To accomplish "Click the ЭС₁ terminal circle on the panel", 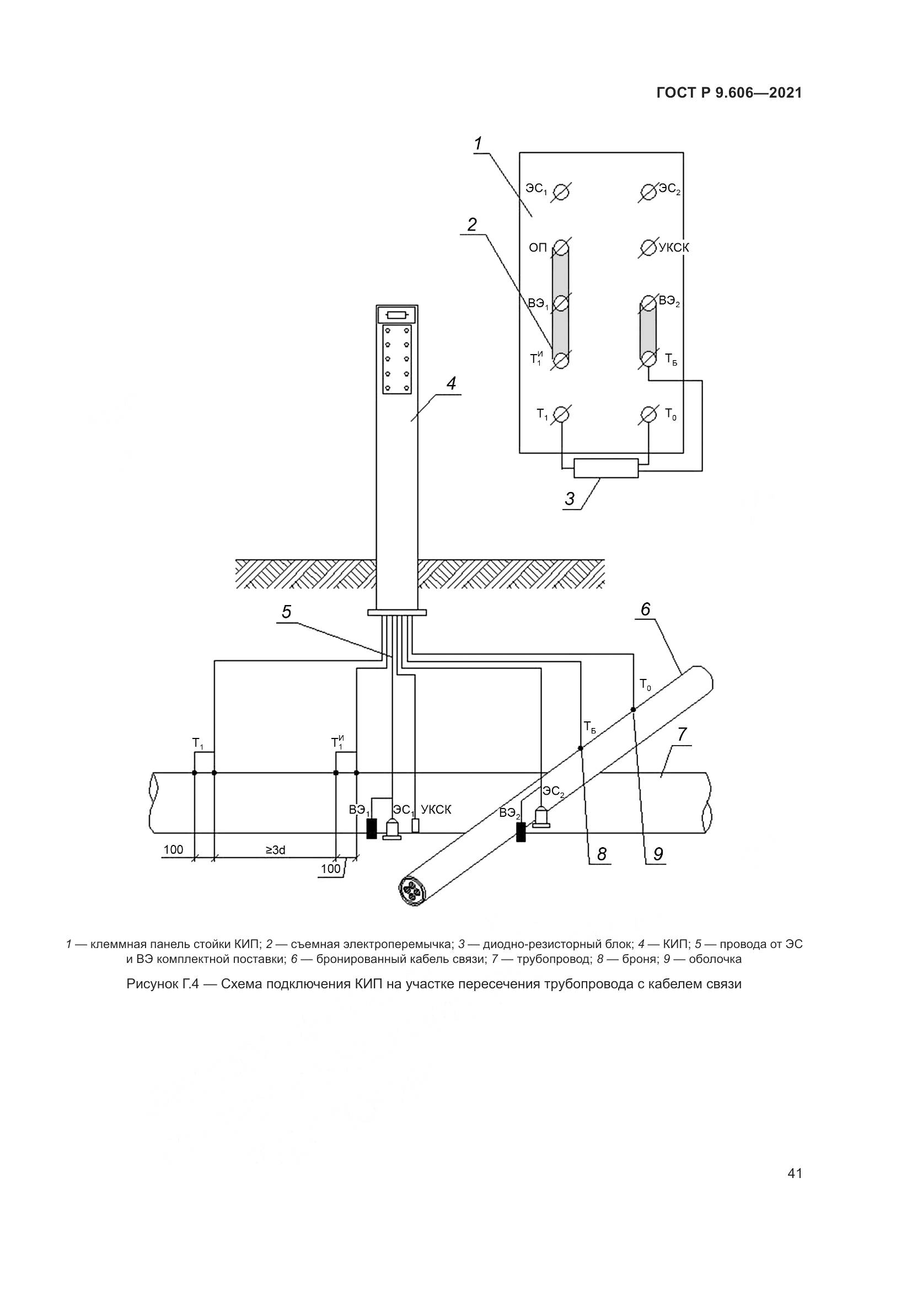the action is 561,192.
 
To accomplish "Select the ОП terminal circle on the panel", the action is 561,247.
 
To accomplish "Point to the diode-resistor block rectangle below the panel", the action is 606,468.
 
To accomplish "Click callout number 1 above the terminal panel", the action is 478,144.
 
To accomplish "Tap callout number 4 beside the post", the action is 451,384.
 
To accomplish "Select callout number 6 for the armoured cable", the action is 645,609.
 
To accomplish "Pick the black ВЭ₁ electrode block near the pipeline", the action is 371,829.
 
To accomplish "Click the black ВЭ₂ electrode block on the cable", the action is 521,832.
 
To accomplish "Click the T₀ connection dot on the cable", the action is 633,710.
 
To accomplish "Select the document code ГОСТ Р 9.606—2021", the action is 729,93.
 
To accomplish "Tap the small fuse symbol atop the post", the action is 397,315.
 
